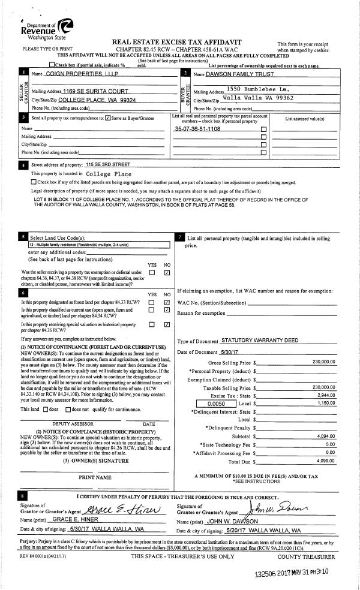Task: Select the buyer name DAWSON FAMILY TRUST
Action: point(239,74)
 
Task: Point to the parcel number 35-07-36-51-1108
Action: point(197,129)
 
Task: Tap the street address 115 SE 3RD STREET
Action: point(108,164)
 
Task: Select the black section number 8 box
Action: point(23,496)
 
